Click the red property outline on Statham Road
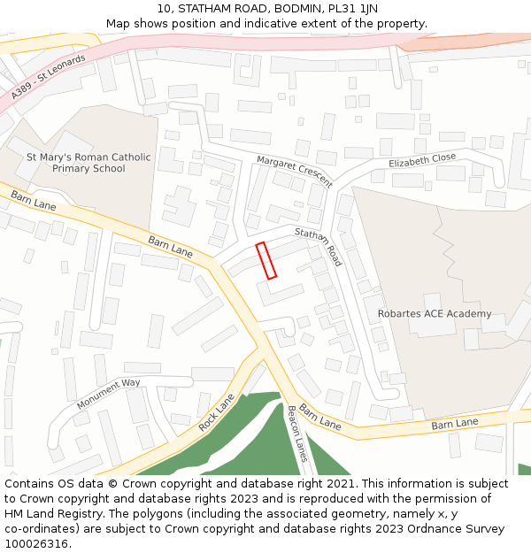click(266, 260)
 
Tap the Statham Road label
click(318, 247)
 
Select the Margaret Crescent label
click(294, 172)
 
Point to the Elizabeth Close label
click(422, 160)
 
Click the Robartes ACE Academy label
click(435, 314)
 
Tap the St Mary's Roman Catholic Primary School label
click(88, 163)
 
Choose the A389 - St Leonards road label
click(49, 76)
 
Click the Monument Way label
click(108, 394)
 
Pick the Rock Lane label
click(217, 412)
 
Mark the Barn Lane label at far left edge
click(33, 200)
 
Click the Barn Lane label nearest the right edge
click(454, 424)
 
